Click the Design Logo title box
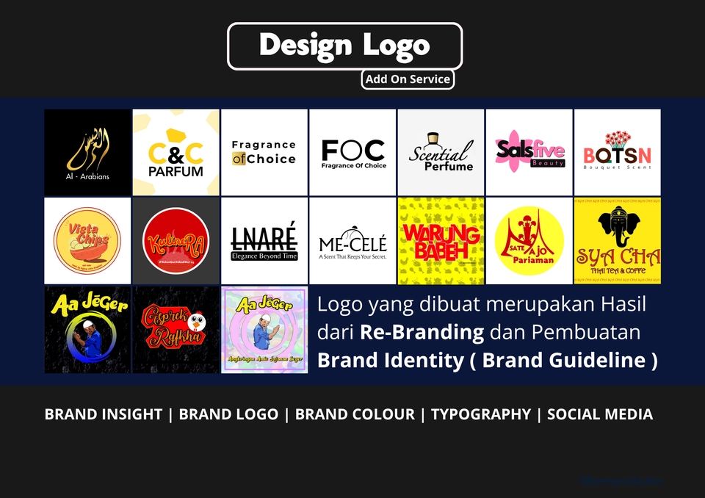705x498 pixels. pyautogui.click(x=344, y=46)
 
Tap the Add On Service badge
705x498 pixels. pyautogui.click(x=408, y=79)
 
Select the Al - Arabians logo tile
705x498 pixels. pyautogui.click(x=87, y=152)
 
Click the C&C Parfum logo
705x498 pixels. pyautogui.click(x=176, y=152)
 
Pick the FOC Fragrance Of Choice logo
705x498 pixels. pyautogui.click(x=352, y=152)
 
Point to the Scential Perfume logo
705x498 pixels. pyautogui.click(x=441, y=152)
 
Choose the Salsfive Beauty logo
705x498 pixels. pyautogui.click(x=529, y=152)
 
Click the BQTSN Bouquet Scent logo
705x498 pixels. pyautogui.click(x=617, y=152)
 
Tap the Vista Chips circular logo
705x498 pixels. pyautogui.click(x=87, y=240)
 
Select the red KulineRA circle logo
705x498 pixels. pyautogui.click(x=176, y=240)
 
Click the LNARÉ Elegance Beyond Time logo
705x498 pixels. pyautogui.click(x=264, y=240)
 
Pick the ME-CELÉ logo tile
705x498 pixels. pyautogui.click(x=352, y=240)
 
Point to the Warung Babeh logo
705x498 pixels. pyautogui.click(x=441, y=240)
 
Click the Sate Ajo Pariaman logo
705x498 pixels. pyautogui.click(x=529, y=240)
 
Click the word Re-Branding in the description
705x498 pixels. pyautogui.click(x=422, y=332)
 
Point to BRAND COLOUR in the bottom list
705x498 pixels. pyautogui.click(x=355, y=414)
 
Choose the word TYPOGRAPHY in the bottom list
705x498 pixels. pyautogui.click(x=480, y=414)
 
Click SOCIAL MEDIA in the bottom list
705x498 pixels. pyautogui.click(x=599, y=414)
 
